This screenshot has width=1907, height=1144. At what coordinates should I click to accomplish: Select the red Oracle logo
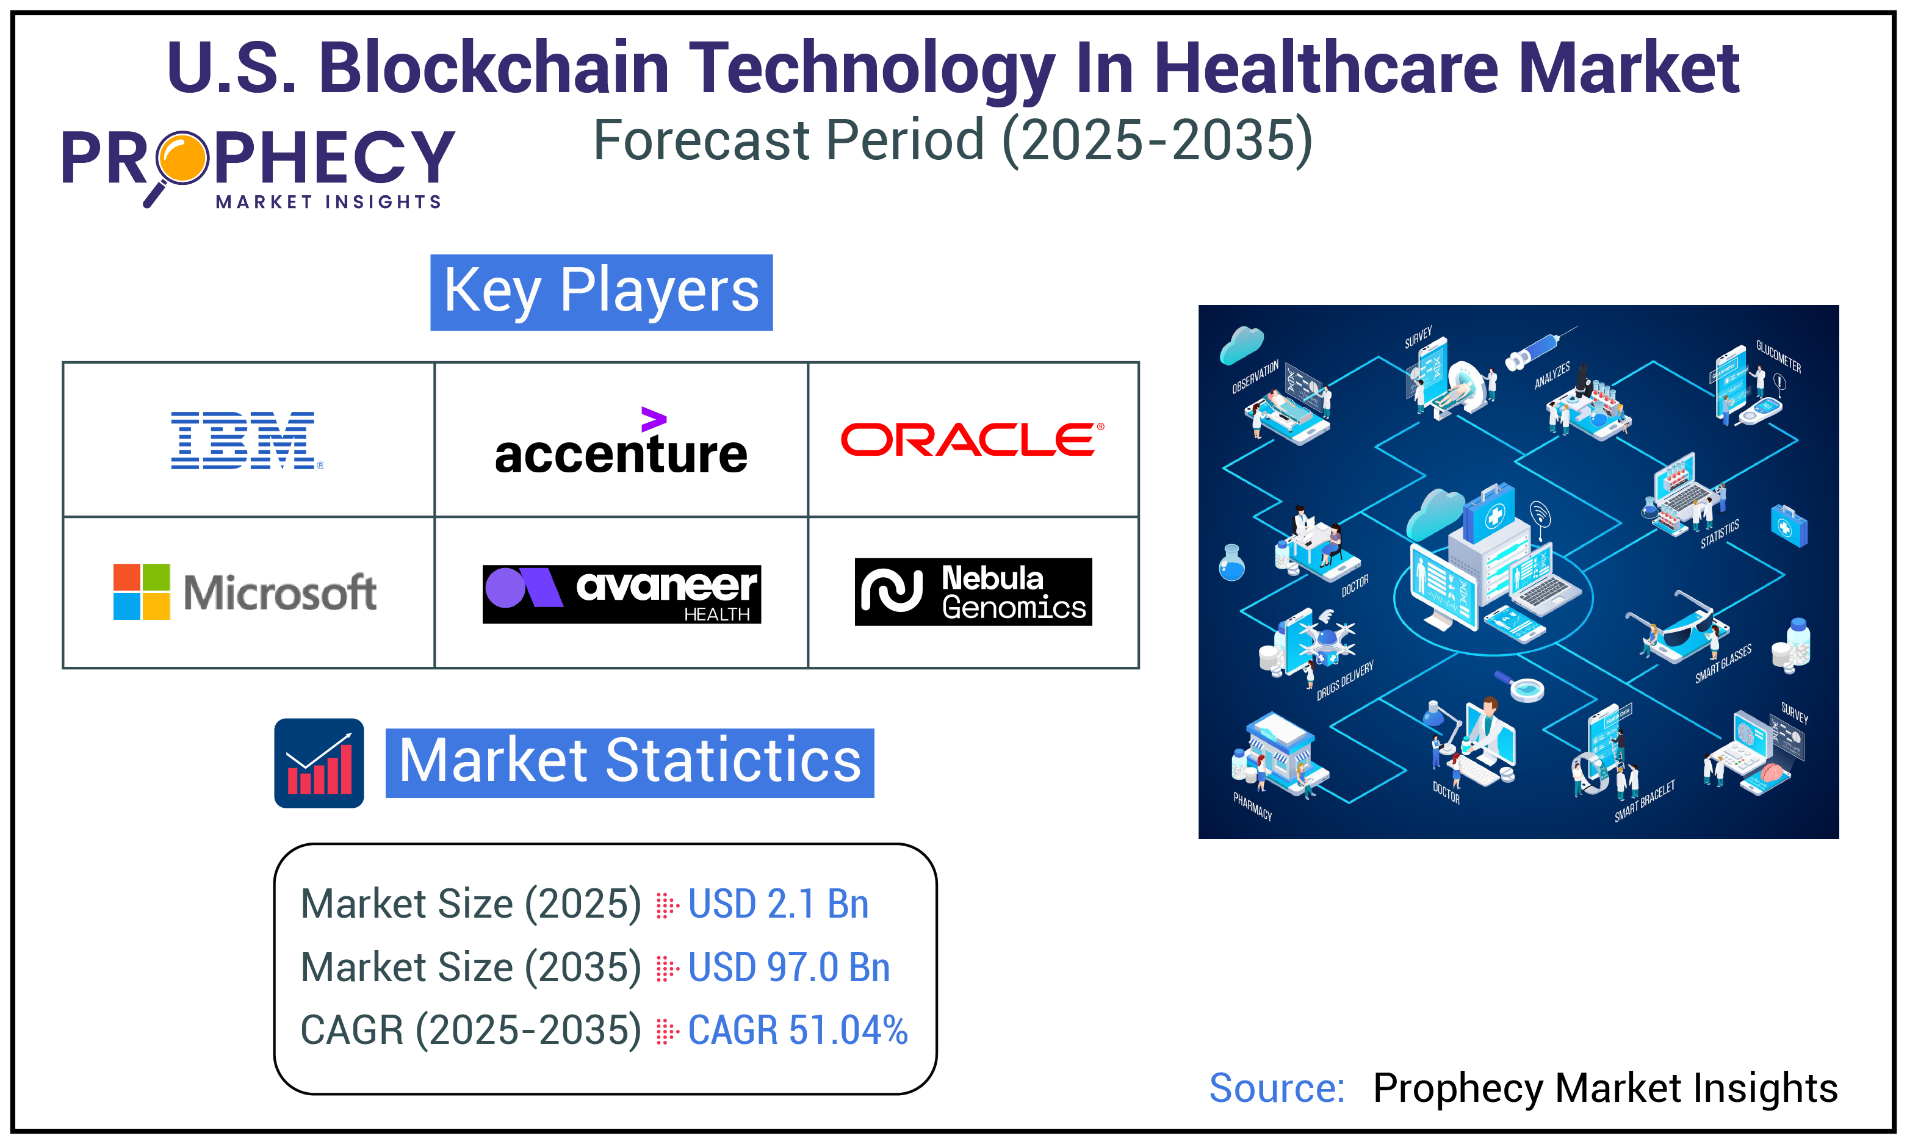click(972, 439)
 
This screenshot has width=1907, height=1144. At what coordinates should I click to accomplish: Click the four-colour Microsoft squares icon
click(141, 591)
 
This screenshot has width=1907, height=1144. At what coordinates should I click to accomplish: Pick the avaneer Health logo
click(621, 594)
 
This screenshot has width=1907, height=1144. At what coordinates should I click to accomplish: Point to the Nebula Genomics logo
click(973, 591)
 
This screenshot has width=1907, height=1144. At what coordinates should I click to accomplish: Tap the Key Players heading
click(601, 292)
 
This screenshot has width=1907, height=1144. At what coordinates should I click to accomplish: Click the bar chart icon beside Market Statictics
click(319, 763)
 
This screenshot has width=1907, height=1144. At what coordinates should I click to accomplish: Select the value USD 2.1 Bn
click(778, 904)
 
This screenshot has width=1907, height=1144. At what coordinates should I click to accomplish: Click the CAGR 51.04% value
click(797, 1030)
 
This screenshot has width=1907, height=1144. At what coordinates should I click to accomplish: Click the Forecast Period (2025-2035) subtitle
click(953, 140)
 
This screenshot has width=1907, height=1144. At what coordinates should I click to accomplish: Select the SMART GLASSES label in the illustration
click(1723, 663)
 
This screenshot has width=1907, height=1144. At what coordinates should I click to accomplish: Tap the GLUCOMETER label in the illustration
click(1778, 356)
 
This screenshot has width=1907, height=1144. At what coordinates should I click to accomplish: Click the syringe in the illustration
click(1538, 348)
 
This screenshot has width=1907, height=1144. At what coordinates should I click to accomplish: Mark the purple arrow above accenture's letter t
click(653, 419)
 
